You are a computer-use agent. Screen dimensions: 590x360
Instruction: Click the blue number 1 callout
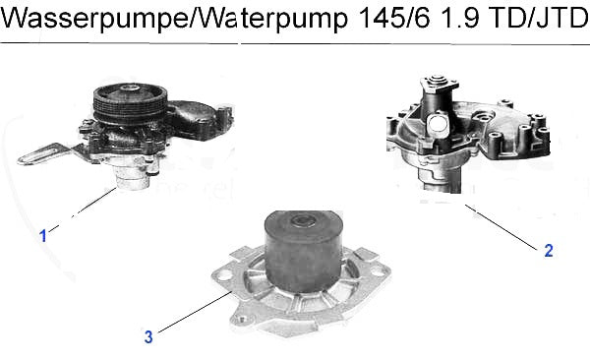click(43, 236)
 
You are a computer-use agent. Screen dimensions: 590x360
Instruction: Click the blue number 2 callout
click(549, 251)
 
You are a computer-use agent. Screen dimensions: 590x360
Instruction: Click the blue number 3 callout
click(148, 336)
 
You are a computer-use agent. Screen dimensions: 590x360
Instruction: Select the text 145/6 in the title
click(394, 17)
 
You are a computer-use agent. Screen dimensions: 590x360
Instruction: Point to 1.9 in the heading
click(459, 17)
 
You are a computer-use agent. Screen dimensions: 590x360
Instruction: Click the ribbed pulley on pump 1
click(130, 103)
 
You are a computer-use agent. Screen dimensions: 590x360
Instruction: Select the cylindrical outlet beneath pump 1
click(132, 180)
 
